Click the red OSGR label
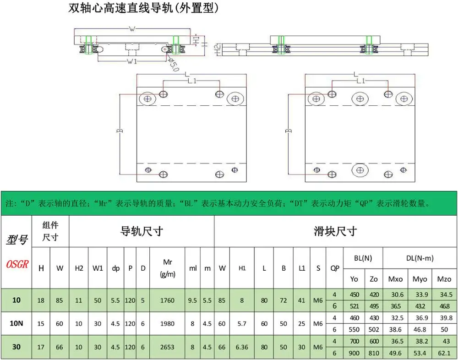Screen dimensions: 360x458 point(17,264)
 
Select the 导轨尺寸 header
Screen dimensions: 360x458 point(141,231)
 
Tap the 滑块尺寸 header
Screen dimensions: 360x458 point(335,231)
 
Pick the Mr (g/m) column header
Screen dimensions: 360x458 point(167,268)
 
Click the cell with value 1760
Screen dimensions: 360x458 point(167,300)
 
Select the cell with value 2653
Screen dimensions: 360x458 point(167,347)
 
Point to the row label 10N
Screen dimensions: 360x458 point(16,323)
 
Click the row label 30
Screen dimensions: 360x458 point(16,347)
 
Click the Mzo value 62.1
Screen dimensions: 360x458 point(444,353)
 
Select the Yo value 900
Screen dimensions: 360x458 point(354,353)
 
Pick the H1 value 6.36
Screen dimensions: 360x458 point(242,347)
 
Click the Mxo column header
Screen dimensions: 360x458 point(395,278)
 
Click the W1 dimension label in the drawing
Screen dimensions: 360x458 point(132,61)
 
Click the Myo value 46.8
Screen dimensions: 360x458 point(420,329)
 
